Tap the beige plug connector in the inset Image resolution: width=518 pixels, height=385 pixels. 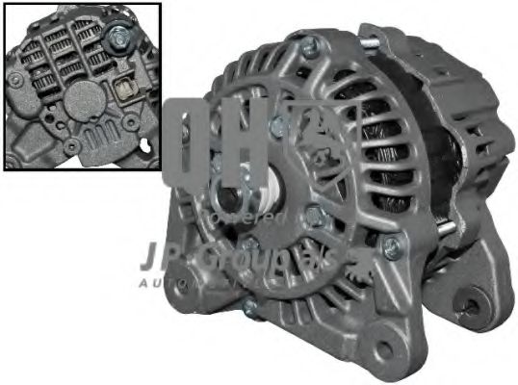tap(123, 93)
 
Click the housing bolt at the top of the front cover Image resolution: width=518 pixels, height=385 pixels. tap(309, 45)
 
